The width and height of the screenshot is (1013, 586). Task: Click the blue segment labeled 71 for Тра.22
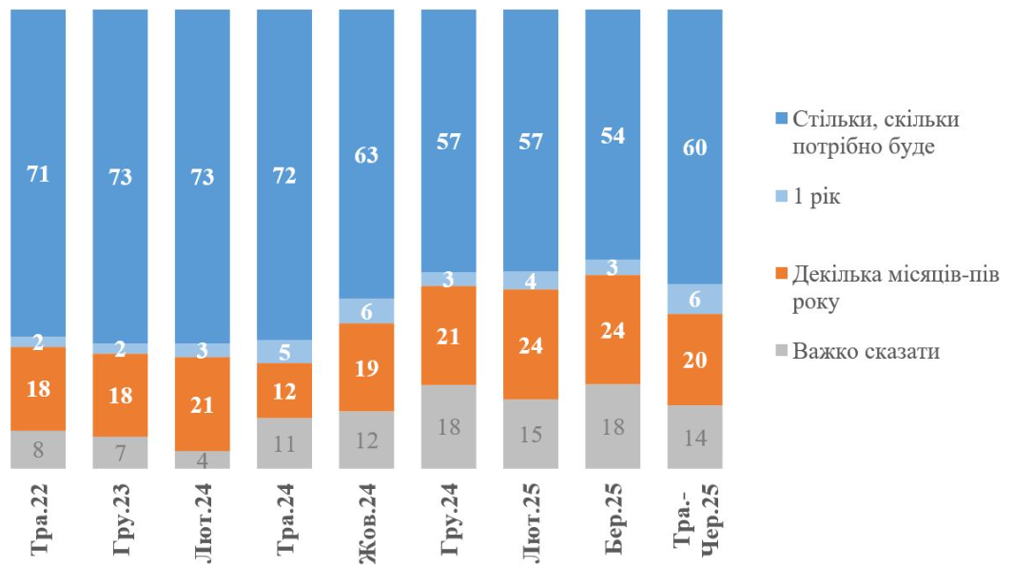[x=38, y=174]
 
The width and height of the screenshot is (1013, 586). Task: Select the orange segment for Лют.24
[x=203, y=403]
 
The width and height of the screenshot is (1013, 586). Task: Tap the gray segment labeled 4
[x=203, y=459]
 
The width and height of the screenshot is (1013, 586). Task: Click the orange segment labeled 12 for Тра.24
[x=284, y=390]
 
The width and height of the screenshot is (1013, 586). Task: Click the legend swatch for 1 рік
[x=781, y=198]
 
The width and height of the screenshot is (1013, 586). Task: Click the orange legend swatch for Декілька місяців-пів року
[x=781, y=274]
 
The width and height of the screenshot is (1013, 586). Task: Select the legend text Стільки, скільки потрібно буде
[x=876, y=132]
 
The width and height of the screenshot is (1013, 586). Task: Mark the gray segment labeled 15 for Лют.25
[x=531, y=434]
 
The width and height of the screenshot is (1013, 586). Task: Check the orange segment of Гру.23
[x=120, y=395]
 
